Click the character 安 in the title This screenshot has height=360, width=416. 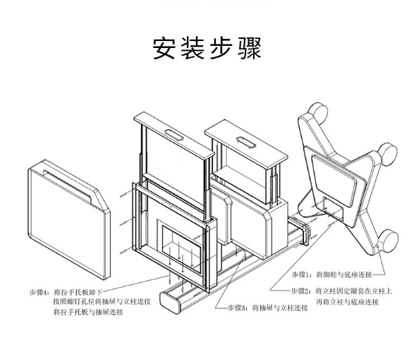click(164, 49)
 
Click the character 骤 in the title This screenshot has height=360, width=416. click(250, 49)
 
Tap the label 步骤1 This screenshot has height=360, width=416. click(300, 275)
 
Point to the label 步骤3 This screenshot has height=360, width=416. click(237, 308)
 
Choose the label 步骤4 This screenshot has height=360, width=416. click(39, 292)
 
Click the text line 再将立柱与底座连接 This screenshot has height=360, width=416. click(347, 302)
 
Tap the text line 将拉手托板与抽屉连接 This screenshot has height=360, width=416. click(88, 311)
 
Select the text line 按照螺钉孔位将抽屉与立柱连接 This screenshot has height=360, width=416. click(102, 301)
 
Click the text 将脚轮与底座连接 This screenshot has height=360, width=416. click(344, 275)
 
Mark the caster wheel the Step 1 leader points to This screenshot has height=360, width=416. click(388, 241)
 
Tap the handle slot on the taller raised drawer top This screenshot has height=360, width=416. click(173, 134)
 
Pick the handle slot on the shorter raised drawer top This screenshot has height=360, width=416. click(246, 142)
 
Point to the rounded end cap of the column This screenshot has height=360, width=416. click(170, 302)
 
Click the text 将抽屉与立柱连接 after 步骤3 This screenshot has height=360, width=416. click(280, 308)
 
